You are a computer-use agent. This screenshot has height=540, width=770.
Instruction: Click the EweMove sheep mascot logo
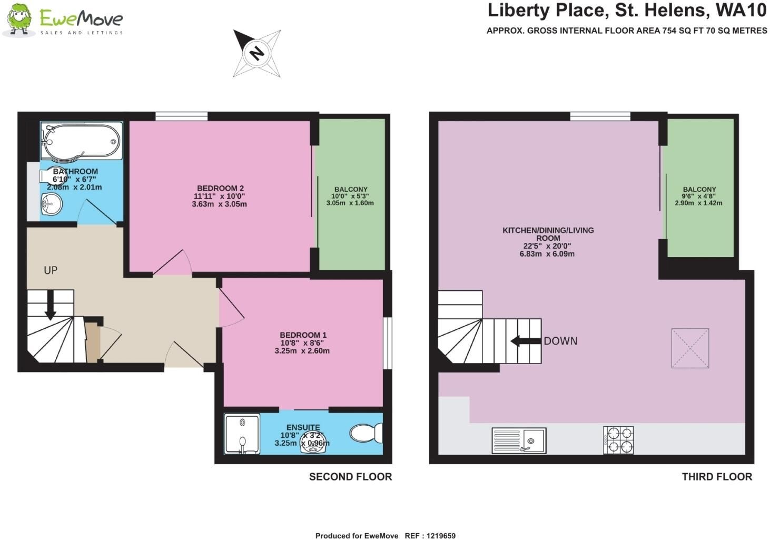coord(19,19)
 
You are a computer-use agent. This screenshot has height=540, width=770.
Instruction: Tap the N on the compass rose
coord(256,53)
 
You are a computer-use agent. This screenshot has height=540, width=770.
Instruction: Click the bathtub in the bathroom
coord(82,141)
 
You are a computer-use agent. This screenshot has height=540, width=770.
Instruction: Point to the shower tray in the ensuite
coord(242,434)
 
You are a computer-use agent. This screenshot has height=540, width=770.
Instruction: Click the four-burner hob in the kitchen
coord(618,440)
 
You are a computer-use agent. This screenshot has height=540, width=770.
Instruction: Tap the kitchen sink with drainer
coord(519,440)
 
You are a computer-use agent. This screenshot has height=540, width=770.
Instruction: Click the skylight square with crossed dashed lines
coord(690,348)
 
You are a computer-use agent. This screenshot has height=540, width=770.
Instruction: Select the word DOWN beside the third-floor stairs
coord(561,341)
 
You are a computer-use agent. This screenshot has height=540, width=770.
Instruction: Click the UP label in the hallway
coord(51,270)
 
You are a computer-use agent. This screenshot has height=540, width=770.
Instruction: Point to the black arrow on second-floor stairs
coord(51,305)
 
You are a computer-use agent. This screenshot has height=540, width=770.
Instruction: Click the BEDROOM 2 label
coord(220,188)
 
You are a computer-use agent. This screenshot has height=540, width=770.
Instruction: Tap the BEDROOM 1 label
coord(303,335)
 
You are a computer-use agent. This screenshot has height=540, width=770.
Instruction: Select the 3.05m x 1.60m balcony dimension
coord(350,203)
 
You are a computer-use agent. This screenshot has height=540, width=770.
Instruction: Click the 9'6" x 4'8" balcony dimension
coord(699,196)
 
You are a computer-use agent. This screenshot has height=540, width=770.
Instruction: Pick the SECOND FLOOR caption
coord(351,477)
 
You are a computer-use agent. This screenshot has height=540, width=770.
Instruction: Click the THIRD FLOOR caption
coord(717,477)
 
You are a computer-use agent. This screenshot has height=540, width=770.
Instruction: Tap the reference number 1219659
coord(441,536)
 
